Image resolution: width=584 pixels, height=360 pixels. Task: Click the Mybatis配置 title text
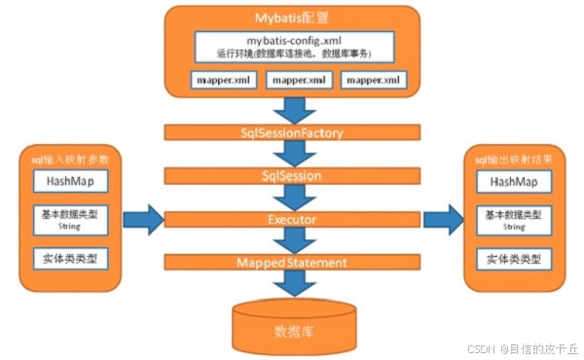tap(291, 18)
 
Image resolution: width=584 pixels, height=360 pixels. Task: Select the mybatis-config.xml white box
tap(291, 47)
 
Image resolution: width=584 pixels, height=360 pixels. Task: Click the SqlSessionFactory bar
tap(291, 131)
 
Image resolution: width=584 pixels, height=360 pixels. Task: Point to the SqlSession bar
tap(291, 176)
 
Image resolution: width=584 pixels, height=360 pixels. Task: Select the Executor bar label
tap(291, 220)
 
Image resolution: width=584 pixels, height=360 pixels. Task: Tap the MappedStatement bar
tap(291, 263)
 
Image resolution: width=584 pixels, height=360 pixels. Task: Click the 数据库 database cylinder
tap(291, 330)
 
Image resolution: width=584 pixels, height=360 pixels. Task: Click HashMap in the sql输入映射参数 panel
tap(70, 181)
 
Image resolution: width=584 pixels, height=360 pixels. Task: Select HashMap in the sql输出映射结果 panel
tap(513, 181)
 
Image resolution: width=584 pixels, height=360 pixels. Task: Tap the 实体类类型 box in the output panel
tap(513, 259)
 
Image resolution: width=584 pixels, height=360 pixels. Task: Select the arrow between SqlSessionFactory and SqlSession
tap(291, 153)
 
